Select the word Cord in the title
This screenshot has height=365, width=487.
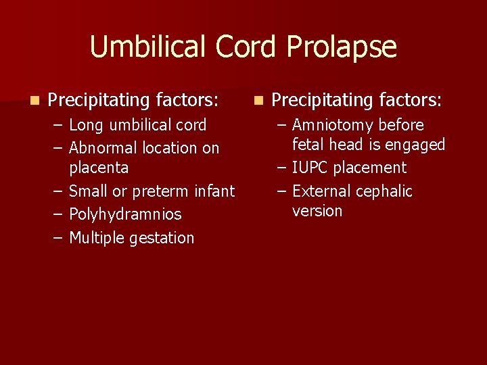point(247,47)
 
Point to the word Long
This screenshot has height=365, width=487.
point(85,126)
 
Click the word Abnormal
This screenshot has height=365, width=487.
point(101,148)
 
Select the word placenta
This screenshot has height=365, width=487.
point(99,166)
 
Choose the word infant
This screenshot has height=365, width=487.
point(214,191)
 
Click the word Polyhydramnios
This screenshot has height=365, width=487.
point(125,215)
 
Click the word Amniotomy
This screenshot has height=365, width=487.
point(333,126)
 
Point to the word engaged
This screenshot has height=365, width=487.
point(417,145)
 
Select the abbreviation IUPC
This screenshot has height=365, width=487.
point(311,168)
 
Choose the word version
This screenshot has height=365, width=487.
point(317,211)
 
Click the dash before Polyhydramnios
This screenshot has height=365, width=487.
point(60,215)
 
